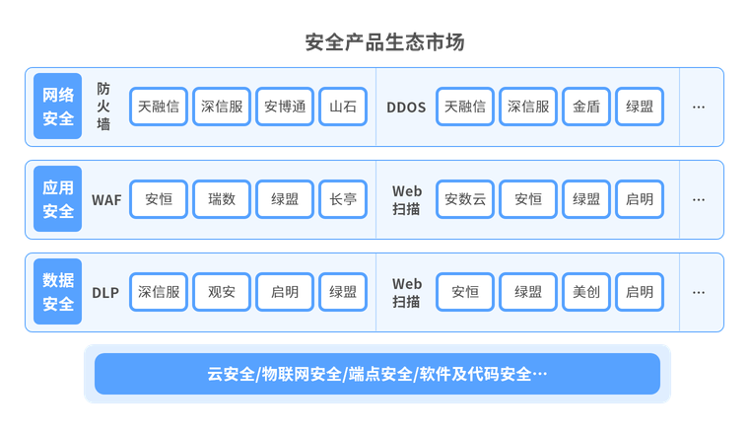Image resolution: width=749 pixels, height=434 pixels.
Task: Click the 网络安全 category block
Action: pos(58,107)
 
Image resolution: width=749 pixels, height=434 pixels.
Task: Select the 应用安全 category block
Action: pos(58,199)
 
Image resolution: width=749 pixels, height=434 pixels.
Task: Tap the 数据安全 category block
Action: pos(58,292)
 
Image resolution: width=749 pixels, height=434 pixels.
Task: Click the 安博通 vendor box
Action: pos(285,107)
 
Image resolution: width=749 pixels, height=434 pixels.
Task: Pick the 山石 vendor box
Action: pos(343,107)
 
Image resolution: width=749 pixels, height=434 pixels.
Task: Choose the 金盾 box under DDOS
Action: pos(586,107)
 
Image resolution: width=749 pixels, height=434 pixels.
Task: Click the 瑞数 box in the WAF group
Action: pos(222,199)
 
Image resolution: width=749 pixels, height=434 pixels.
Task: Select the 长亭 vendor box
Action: pos(343,199)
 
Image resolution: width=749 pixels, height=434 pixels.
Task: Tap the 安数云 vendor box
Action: pos(465,199)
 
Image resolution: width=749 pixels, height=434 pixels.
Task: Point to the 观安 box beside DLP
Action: pos(222,292)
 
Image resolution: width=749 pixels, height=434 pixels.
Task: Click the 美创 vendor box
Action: pos(586,292)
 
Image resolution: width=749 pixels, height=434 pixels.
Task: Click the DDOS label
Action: pos(406,107)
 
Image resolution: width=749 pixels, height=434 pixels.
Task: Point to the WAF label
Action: pos(106,199)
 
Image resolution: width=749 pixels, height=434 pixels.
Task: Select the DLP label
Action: pos(105,292)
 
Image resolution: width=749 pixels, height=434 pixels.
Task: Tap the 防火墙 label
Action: pos(103,107)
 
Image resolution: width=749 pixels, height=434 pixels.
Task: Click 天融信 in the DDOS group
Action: pos(465,107)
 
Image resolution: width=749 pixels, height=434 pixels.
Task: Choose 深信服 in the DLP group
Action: pos(159,292)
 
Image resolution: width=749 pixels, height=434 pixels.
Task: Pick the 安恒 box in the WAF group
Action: pos(159,199)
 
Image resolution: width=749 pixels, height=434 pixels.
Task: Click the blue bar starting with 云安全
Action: pos(377,374)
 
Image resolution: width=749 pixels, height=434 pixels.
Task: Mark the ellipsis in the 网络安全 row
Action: pos(698,107)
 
